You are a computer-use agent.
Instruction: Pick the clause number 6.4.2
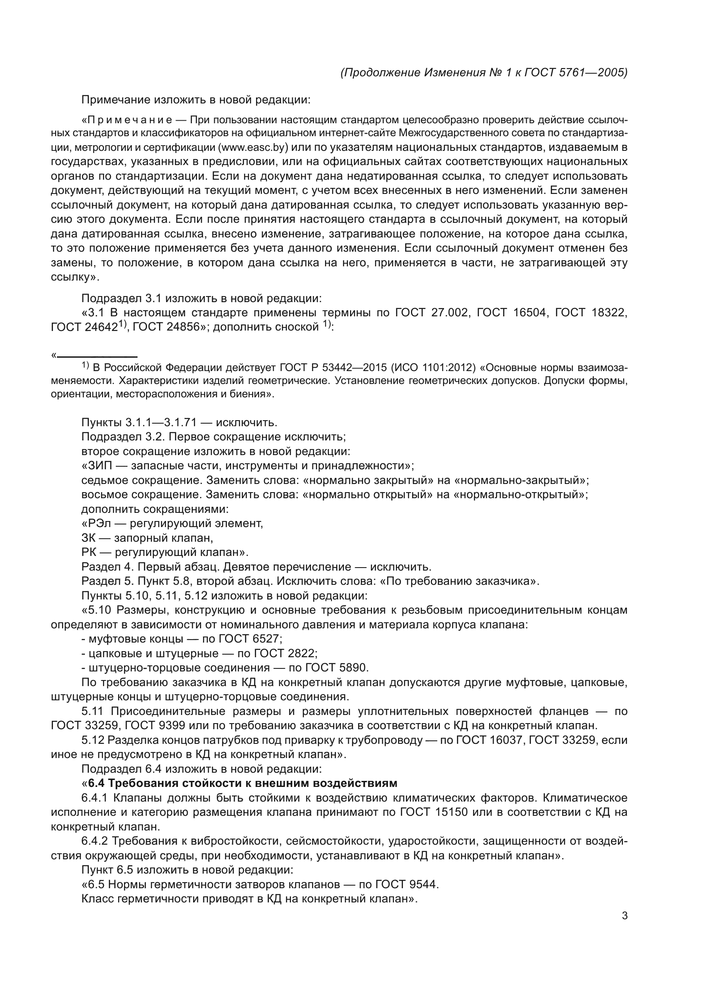point(95,841)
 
